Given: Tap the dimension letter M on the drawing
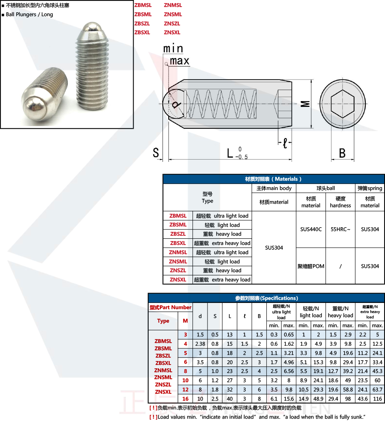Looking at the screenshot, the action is (x=305, y=104).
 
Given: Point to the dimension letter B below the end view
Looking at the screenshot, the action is (x=342, y=153).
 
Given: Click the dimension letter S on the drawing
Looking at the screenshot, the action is (x=156, y=153).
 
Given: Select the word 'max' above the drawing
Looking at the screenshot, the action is (x=179, y=61).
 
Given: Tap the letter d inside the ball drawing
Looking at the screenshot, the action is (x=176, y=104).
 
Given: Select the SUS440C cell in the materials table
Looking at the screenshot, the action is (x=311, y=229).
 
